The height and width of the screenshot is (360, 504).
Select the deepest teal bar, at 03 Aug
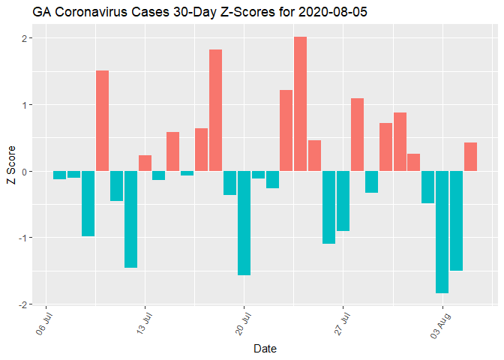[x=442, y=232]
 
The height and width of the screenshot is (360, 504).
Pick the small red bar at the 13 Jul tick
[x=145, y=163]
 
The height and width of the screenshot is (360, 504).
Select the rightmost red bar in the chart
[x=470, y=157]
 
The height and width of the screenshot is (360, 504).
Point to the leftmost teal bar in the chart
[x=59, y=175]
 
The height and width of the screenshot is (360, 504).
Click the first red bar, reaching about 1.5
[x=102, y=121]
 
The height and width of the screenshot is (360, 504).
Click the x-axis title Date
[x=265, y=348]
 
